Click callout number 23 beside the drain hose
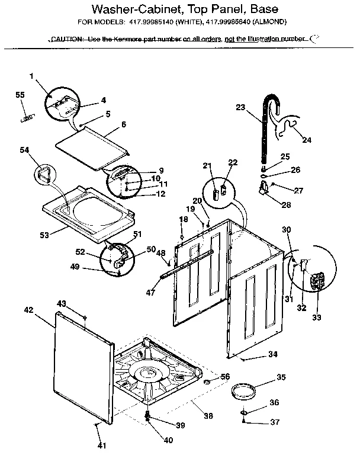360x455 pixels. pyautogui.click(x=240, y=107)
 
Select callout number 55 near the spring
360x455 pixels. pyautogui.click(x=20, y=95)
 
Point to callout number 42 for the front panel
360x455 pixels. pyautogui.click(x=28, y=309)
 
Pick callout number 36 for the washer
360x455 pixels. pyautogui.click(x=274, y=402)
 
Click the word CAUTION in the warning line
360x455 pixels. pyautogui.click(x=67, y=39)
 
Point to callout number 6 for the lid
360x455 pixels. pyautogui.click(x=124, y=124)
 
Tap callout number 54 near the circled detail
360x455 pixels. pyautogui.click(x=24, y=151)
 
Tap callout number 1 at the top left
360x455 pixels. pyautogui.click(x=31, y=75)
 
